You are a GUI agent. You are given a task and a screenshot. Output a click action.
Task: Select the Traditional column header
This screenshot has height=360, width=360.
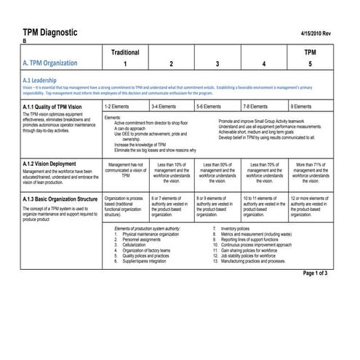tap(125, 53)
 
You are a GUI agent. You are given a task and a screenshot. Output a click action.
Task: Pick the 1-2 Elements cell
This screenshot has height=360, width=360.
tap(118, 106)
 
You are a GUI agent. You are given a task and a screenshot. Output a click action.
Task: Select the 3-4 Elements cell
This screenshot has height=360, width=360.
tap(164, 106)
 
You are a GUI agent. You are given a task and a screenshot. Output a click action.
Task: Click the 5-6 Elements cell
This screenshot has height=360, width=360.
tap(210, 106)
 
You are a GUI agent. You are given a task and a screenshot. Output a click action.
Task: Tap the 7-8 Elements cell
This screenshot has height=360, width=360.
tap(257, 106)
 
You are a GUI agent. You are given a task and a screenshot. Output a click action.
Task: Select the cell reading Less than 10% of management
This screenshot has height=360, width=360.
tap(172, 173)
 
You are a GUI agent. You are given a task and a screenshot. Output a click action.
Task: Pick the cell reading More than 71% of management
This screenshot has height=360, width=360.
tap(311, 173)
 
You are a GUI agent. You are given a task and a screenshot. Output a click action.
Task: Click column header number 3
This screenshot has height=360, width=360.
tap(217, 64)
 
